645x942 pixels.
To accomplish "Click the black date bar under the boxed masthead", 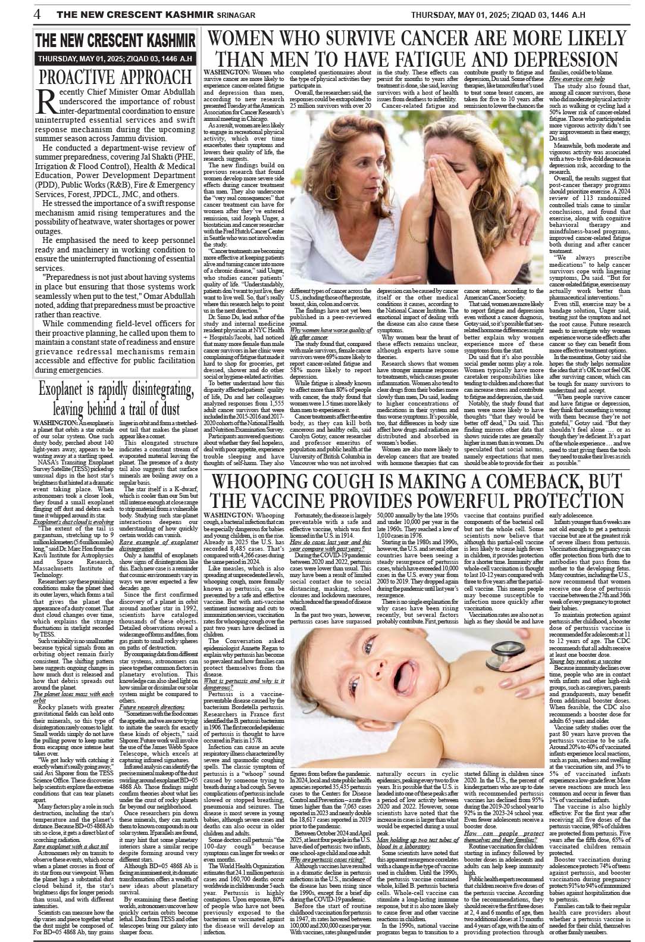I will point(115,59).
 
